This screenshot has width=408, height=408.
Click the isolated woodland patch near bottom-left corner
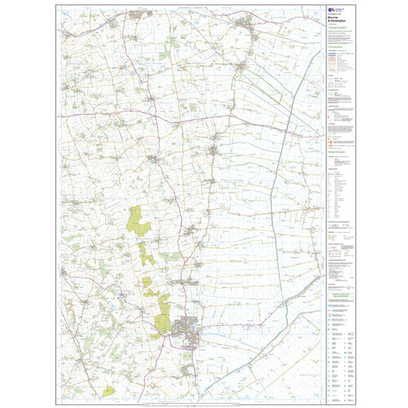coord(110,389)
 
